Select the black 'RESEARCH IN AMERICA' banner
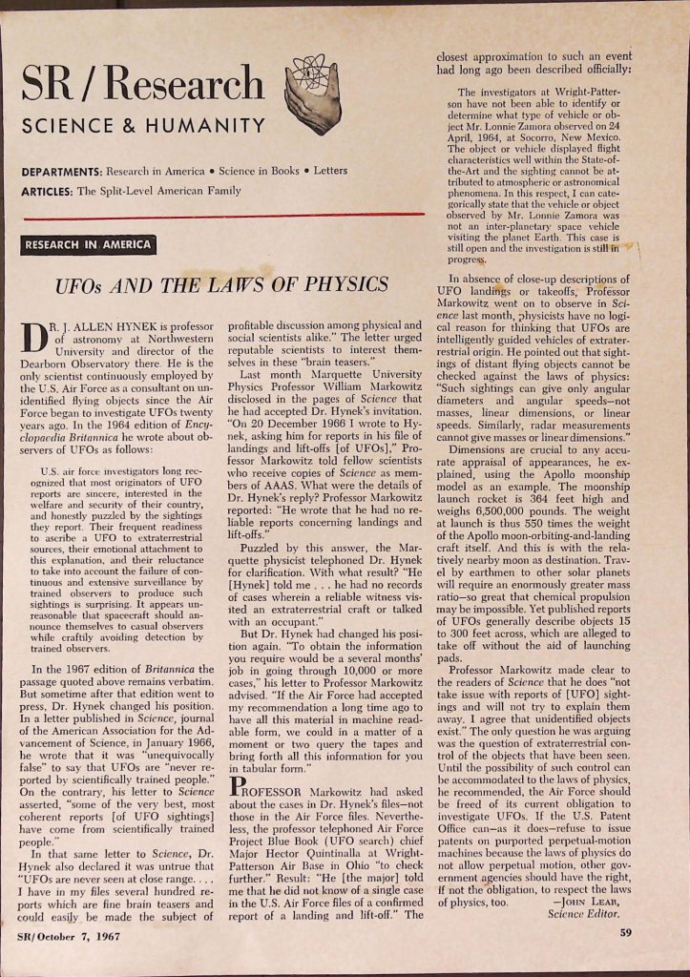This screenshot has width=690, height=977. pyautogui.click(x=88, y=244)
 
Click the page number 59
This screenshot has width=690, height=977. pyautogui.click(x=626, y=933)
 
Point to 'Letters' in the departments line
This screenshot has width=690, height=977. pyautogui.click(x=328, y=171)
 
